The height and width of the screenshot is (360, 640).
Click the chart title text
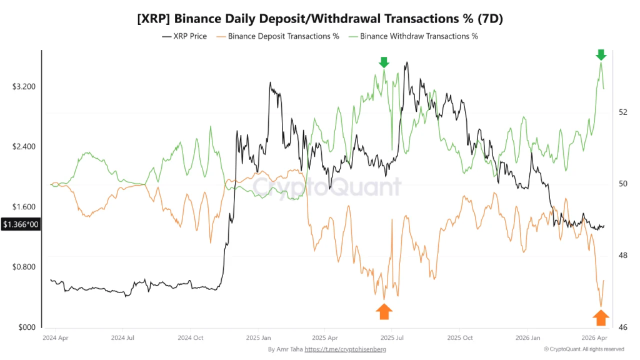(320, 19)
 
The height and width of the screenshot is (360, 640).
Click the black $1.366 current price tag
(21, 224)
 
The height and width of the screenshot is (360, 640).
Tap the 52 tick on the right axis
(622, 112)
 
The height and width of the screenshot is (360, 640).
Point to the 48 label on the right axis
(622, 256)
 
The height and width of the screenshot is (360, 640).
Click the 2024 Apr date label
(55, 337)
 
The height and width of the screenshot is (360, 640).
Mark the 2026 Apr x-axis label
(594, 337)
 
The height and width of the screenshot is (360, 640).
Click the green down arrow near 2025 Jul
(384, 62)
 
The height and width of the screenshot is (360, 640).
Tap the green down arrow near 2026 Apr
(601, 54)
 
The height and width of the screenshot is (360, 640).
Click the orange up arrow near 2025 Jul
(384, 311)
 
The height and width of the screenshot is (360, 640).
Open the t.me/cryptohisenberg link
(345, 349)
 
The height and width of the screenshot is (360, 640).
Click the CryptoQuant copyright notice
(584, 349)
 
